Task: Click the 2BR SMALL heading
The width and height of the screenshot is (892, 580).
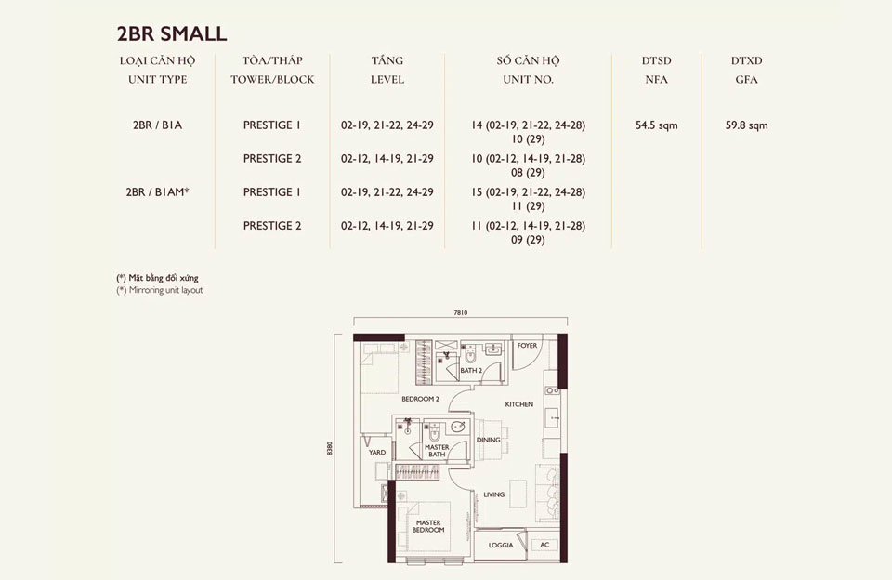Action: [172, 33]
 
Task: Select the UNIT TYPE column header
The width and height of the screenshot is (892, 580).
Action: [158, 80]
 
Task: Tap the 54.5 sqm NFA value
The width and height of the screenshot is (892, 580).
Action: [657, 125]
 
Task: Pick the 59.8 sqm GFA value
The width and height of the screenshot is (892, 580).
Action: [746, 125]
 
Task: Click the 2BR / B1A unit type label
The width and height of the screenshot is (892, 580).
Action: [158, 125]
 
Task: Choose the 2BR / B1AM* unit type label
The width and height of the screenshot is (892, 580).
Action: [158, 192]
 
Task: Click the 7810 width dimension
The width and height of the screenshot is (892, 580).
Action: [461, 312]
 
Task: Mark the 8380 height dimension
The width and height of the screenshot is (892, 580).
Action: [330, 448]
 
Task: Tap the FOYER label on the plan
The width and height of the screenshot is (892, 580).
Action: [527, 346]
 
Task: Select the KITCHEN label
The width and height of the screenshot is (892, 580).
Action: [519, 404]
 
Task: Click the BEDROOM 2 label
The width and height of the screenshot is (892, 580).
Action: [420, 399]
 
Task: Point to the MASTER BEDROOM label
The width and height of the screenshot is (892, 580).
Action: [428, 526]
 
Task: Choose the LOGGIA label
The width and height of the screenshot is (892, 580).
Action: [501, 546]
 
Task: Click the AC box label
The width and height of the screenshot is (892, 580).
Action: [544, 545]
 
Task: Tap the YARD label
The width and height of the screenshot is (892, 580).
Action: [377, 453]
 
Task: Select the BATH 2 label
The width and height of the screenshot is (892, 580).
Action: [471, 371]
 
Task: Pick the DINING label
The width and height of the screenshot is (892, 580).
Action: [488, 440]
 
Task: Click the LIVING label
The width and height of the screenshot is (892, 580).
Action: [493, 494]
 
